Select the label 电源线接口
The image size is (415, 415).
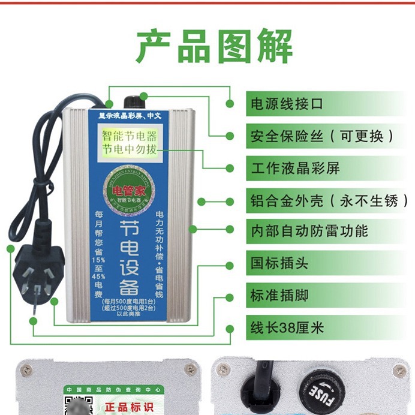(287, 103)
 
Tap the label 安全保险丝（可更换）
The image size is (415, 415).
(323, 136)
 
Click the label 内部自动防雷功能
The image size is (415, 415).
(309, 231)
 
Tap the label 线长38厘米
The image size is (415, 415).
(287, 328)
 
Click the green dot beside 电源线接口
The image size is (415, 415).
(230, 103)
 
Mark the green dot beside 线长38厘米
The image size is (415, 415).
(230, 328)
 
